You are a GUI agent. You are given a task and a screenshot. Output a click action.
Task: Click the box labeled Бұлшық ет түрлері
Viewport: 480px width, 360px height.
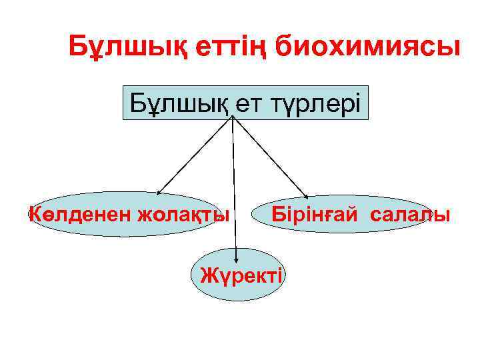(245, 102)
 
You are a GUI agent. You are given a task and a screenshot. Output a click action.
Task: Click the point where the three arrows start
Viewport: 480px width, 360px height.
(233, 117)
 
